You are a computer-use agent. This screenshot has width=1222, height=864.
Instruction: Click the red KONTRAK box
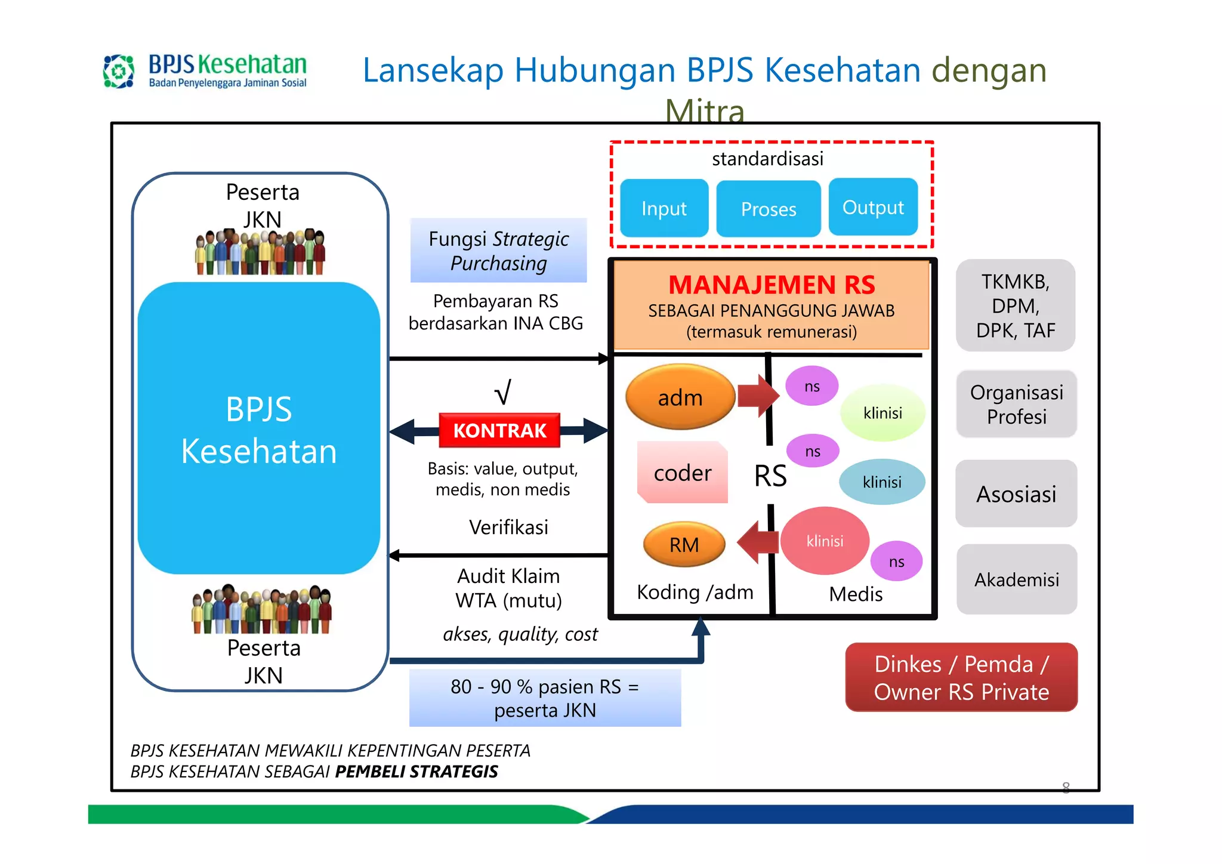(x=499, y=430)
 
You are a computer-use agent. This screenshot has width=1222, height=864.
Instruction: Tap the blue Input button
(x=664, y=208)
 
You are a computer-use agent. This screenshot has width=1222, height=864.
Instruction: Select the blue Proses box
(x=769, y=209)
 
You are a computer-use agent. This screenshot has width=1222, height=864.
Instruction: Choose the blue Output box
(x=873, y=207)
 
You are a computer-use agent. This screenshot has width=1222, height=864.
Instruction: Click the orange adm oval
(x=680, y=397)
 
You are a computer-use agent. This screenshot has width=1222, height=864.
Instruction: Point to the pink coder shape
(x=683, y=473)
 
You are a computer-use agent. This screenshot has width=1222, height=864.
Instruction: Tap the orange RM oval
(x=684, y=544)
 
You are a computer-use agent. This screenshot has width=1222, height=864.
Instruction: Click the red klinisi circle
(x=825, y=541)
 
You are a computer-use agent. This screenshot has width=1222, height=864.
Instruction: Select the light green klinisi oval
(x=882, y=413)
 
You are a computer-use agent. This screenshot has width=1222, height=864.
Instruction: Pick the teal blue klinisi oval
(x=882, y=482)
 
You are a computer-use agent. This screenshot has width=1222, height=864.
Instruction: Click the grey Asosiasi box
(x=1016, y=494)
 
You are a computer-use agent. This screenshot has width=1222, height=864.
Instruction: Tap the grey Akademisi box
(x=1017, y=579)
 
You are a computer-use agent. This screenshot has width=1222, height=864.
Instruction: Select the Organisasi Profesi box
(x=1016, y=404)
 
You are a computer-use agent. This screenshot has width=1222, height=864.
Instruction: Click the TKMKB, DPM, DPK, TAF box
(x=1016, y=306)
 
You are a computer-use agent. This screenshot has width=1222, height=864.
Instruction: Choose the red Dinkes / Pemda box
(x=961, y=677)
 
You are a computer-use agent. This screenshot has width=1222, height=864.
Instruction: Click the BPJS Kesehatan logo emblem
(x=119, y=72)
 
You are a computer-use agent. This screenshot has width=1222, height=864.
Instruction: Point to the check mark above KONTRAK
(x=502, y=392)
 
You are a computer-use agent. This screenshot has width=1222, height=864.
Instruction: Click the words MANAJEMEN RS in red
(x=772, y=285)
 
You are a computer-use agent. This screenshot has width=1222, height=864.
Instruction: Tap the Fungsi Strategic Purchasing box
(x=498, y=251)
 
